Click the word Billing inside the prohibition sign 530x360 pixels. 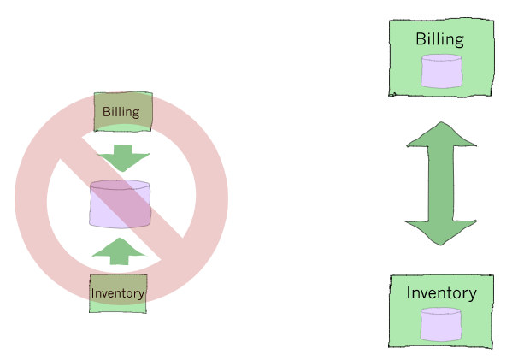click(121, 112)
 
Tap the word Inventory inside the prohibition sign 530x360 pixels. click(118, 293)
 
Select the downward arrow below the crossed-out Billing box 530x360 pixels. click(122, 159)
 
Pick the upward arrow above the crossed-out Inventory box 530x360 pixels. click(120, 250)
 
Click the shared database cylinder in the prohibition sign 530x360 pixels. click(121, 205)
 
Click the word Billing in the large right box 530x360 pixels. click(439, 39)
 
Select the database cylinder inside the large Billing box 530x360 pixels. click(441, 71)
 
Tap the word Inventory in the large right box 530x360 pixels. click(441, 293)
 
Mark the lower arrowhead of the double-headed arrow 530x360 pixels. click(440, 232)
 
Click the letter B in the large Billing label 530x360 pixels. click(421, 39)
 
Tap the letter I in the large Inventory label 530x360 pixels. click(409, 293)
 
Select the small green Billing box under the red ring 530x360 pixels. click(123, 111)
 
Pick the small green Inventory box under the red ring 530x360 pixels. click(118, 293)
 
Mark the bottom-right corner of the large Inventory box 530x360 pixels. click(493, 345)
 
